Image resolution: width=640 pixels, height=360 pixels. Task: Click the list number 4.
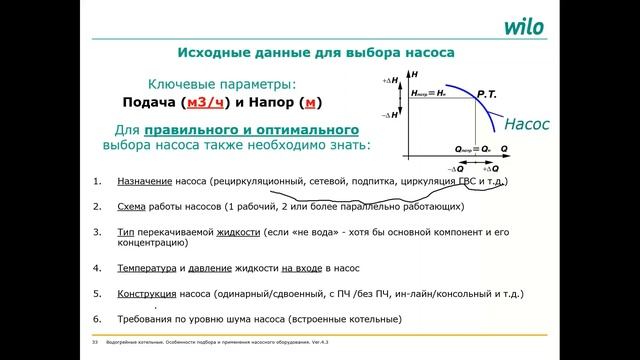[x=96, y=269]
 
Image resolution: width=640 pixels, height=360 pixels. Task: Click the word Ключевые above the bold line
[x=181, y=84]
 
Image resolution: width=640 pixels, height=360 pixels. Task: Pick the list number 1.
[x=96, y=182]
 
